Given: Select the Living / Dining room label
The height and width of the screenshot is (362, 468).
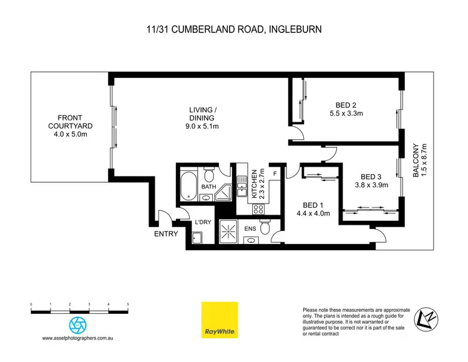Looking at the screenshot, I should pyautogui.click(x=202, y=118).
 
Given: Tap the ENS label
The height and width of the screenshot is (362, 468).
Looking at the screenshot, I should pyautogui.click(x=250, y=229).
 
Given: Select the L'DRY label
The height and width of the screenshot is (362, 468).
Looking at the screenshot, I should pyautogui.click(x=201, y=223).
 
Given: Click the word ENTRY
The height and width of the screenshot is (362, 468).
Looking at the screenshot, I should pyautogui.click(x=166, y=234).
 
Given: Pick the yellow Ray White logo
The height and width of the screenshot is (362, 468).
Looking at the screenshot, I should pyautogui.click(x=219, y=321).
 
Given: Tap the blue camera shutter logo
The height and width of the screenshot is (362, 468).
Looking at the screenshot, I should pyautogui.click(x=78, y=325).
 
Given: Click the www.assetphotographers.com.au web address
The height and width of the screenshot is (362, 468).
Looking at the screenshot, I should pyautogui.click(x=80, y=338).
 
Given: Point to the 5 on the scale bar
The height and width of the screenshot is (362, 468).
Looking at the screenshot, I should pyautogui.click(x=128, y=304).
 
